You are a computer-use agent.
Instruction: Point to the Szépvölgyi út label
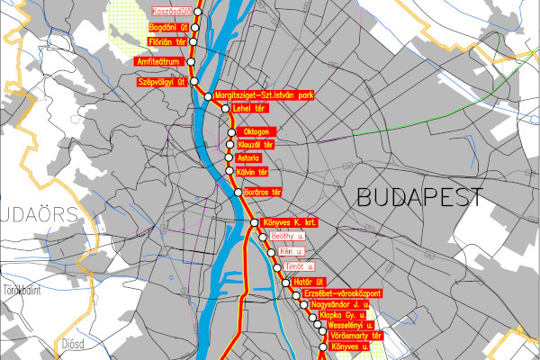click(x=160, y=82)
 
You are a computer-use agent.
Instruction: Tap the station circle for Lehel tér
click(x=226, y=109)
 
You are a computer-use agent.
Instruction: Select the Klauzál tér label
click(x=256, y=144)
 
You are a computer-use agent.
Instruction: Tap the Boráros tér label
click(x=263, y=192)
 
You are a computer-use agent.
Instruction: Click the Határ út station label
click(x=308, y=283)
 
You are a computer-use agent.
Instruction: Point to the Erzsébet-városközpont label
click(x=344, y=293)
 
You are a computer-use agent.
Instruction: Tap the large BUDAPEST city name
click(x=419, y=196)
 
